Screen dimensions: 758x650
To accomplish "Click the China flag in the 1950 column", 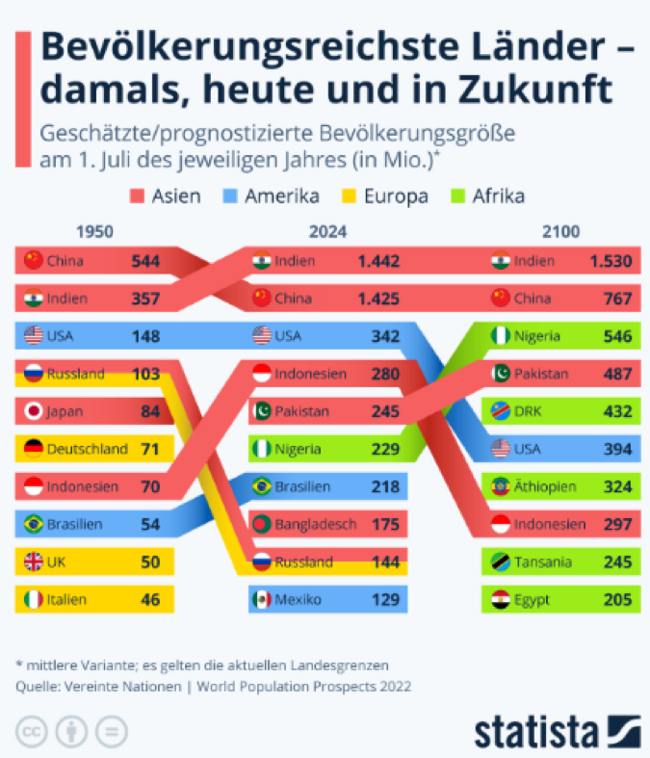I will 34,260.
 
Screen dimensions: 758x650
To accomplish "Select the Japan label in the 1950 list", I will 64,411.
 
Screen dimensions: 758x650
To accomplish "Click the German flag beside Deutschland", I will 34,449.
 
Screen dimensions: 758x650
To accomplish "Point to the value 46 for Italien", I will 150,599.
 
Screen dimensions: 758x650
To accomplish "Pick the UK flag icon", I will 34,562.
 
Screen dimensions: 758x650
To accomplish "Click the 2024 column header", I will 328,232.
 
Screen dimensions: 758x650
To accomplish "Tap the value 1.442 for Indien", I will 378,260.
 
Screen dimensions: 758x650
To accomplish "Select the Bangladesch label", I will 316,524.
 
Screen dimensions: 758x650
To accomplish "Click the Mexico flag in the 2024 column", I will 261,599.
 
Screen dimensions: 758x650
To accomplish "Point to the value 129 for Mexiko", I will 385,599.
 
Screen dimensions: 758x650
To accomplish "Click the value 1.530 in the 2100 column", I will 611,260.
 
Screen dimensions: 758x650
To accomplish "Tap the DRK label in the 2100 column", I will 529,411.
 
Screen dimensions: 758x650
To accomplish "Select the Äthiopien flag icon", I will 500,486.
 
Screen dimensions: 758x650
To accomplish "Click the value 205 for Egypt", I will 617,599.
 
